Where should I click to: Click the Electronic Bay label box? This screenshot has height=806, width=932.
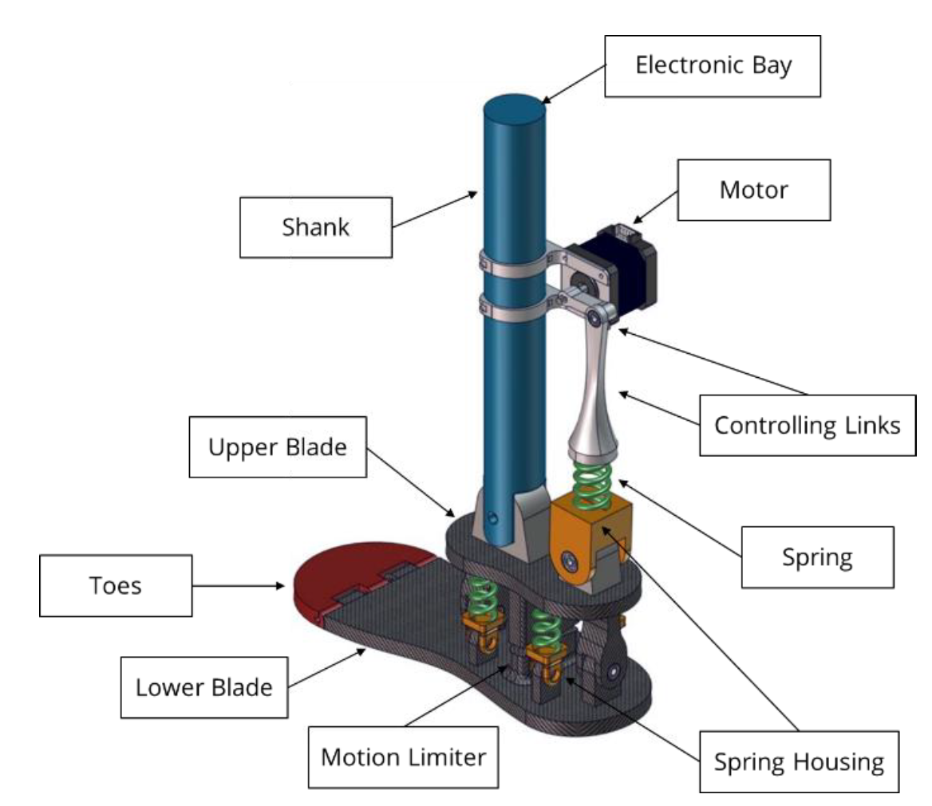tap(713, 66)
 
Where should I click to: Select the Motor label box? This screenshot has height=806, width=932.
tap(754, 190)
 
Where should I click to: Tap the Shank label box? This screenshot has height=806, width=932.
tap(316, 227)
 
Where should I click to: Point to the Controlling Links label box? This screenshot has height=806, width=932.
tap(808, 425)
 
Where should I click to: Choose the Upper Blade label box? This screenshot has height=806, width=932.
tap(278, 446)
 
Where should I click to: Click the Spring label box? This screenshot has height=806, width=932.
tap(817, 557)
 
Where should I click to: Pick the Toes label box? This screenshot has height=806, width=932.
tap(116, 586)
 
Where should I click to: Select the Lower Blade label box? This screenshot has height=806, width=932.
tap(204, 687)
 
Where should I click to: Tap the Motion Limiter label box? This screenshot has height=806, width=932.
tap(403, 757)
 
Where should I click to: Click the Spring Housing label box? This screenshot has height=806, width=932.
tap(799, 762)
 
